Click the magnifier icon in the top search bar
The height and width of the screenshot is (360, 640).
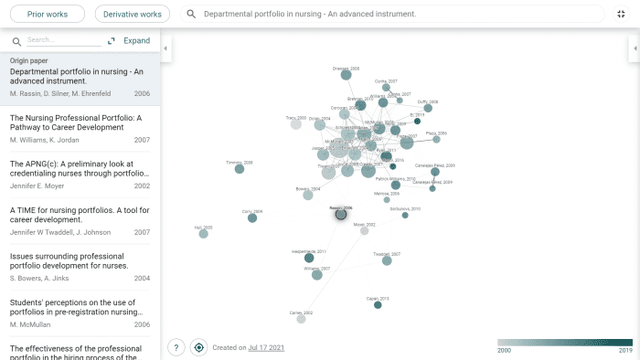click(x=191, y=15)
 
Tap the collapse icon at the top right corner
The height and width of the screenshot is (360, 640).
click(x=621, y=15)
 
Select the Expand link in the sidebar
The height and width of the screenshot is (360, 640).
click(x=136, y=41)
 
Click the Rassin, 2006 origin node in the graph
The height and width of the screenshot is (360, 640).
click(x=341, y=214)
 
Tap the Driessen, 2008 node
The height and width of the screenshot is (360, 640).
click(x=347, y=76)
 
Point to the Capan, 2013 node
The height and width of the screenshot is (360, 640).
click(x=378, y=304)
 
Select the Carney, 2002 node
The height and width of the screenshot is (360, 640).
click(x=301, y=319)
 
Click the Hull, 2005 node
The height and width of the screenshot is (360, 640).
click(x=203, y=234)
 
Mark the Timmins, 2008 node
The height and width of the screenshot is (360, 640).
click(x=240, y=169)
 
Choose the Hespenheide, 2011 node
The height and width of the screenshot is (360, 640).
click(x=309, y=258)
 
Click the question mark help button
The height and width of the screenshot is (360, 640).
click(x=176, y=347)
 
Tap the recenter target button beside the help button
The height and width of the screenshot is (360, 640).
click(x=198, y=347)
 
